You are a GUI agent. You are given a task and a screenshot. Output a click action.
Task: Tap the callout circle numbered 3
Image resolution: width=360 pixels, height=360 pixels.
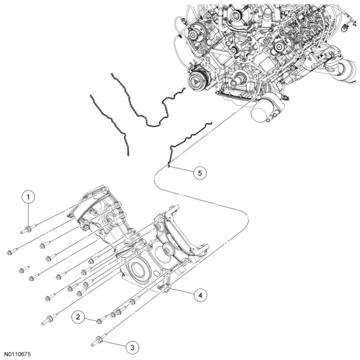coord(132,347)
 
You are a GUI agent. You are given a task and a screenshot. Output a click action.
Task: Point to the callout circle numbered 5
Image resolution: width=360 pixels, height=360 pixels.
coord(200,172)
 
